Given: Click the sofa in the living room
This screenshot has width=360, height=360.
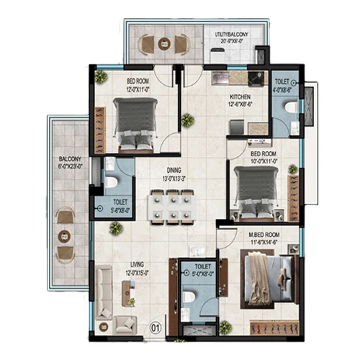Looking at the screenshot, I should pyautogui.click(x=104, y=292).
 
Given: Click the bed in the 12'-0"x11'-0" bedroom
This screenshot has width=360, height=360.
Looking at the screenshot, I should pyautogui.click(x=137, y=124).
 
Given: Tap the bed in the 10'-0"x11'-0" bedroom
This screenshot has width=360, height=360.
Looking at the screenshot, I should pyautogui.click(x=252, y=194).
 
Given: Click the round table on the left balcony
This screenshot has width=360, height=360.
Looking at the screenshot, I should pyautogui.click(x=66, y=234).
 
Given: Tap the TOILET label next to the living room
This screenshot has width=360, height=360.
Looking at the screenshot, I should pyautogui.click(x=195, y=268).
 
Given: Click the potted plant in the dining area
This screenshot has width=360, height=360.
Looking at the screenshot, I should pyautogui.click(x=115, y=228).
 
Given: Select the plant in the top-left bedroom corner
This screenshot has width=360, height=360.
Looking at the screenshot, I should pyautogui.click(x=101, y=76).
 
